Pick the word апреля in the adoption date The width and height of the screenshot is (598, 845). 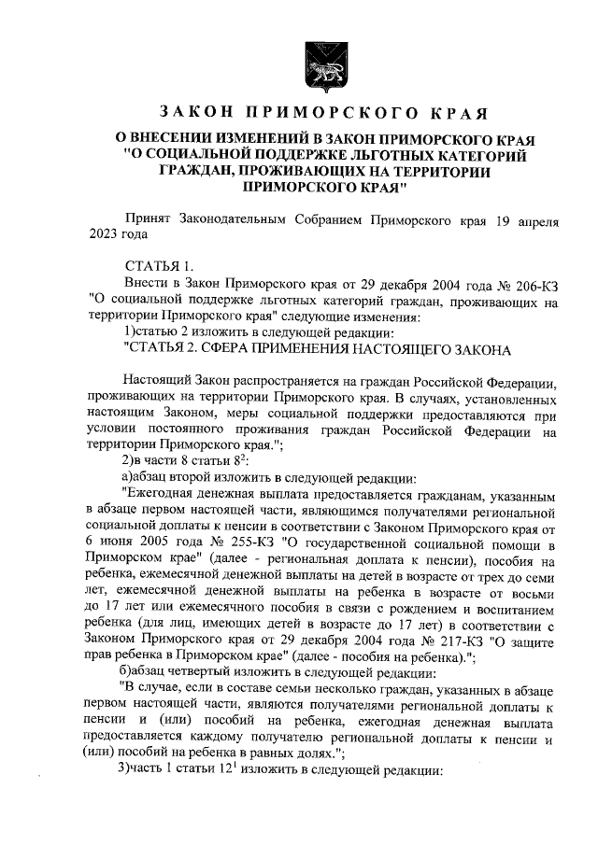pos(534,220)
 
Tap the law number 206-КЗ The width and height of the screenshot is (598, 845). pos(533,285)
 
